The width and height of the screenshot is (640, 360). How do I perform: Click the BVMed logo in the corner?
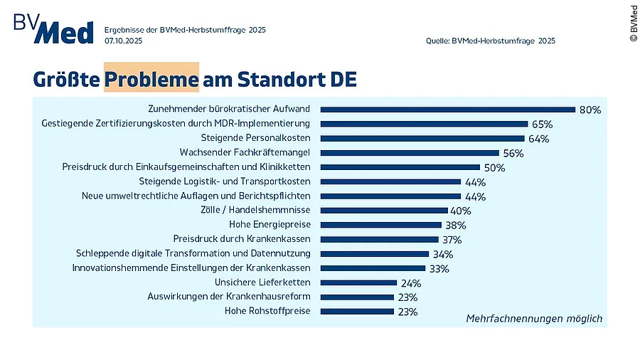[53, 28]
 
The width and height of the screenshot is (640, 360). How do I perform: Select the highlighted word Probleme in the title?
[151, 80]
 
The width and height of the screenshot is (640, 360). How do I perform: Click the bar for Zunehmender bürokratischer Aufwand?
[447, 110]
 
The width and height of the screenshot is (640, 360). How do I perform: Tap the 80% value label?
[590, 110]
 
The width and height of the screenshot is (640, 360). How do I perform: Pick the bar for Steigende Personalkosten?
[422, 139]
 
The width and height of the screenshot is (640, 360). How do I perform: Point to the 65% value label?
[542, 125]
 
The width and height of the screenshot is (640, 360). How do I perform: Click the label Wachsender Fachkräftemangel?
[245, 153]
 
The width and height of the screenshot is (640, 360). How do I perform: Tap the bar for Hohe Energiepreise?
[381, 225]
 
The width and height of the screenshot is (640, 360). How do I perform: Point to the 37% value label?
[452, 240]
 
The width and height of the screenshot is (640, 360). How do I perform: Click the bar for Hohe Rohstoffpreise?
[357, 312]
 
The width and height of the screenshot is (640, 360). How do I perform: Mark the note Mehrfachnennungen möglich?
[533, 318]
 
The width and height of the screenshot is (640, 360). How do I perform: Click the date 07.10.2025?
[124, 41]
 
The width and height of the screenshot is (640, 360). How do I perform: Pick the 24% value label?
[411, 283]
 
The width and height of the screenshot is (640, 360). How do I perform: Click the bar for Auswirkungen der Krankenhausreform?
[357, 297]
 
